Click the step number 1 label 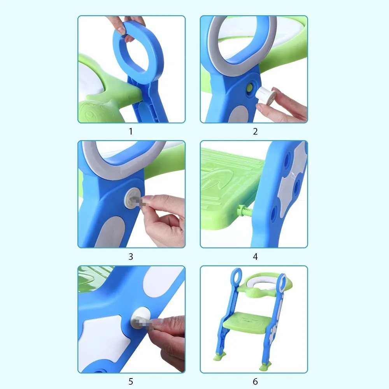(131, 131)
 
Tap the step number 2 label (255, 131)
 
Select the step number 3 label (131, 257)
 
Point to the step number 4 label (255, 257)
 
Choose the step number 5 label (131, 382)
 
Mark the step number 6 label (255, 382)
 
